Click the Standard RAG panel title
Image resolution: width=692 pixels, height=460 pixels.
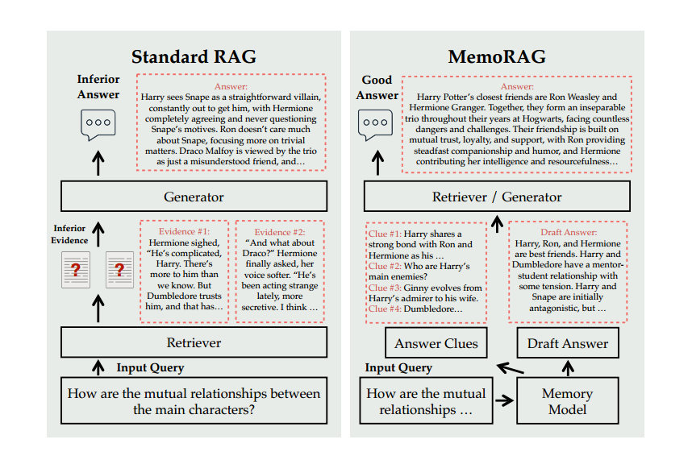194,57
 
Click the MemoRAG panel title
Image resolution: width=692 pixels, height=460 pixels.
497,57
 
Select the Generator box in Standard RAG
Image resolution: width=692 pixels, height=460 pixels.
194,197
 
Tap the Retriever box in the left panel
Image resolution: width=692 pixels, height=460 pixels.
194,342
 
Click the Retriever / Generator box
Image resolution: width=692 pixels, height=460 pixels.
497,197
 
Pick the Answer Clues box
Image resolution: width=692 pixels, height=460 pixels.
436,343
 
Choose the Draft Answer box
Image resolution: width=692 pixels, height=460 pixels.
568,343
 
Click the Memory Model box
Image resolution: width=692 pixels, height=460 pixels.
567,401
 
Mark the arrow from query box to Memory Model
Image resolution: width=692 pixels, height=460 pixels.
504,400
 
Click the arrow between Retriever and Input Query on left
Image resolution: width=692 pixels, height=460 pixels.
98,368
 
